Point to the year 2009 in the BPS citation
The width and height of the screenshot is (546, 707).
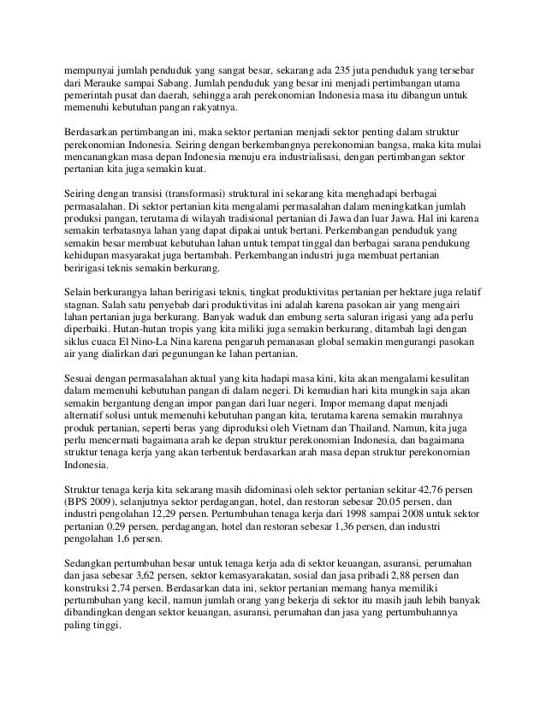104,501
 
